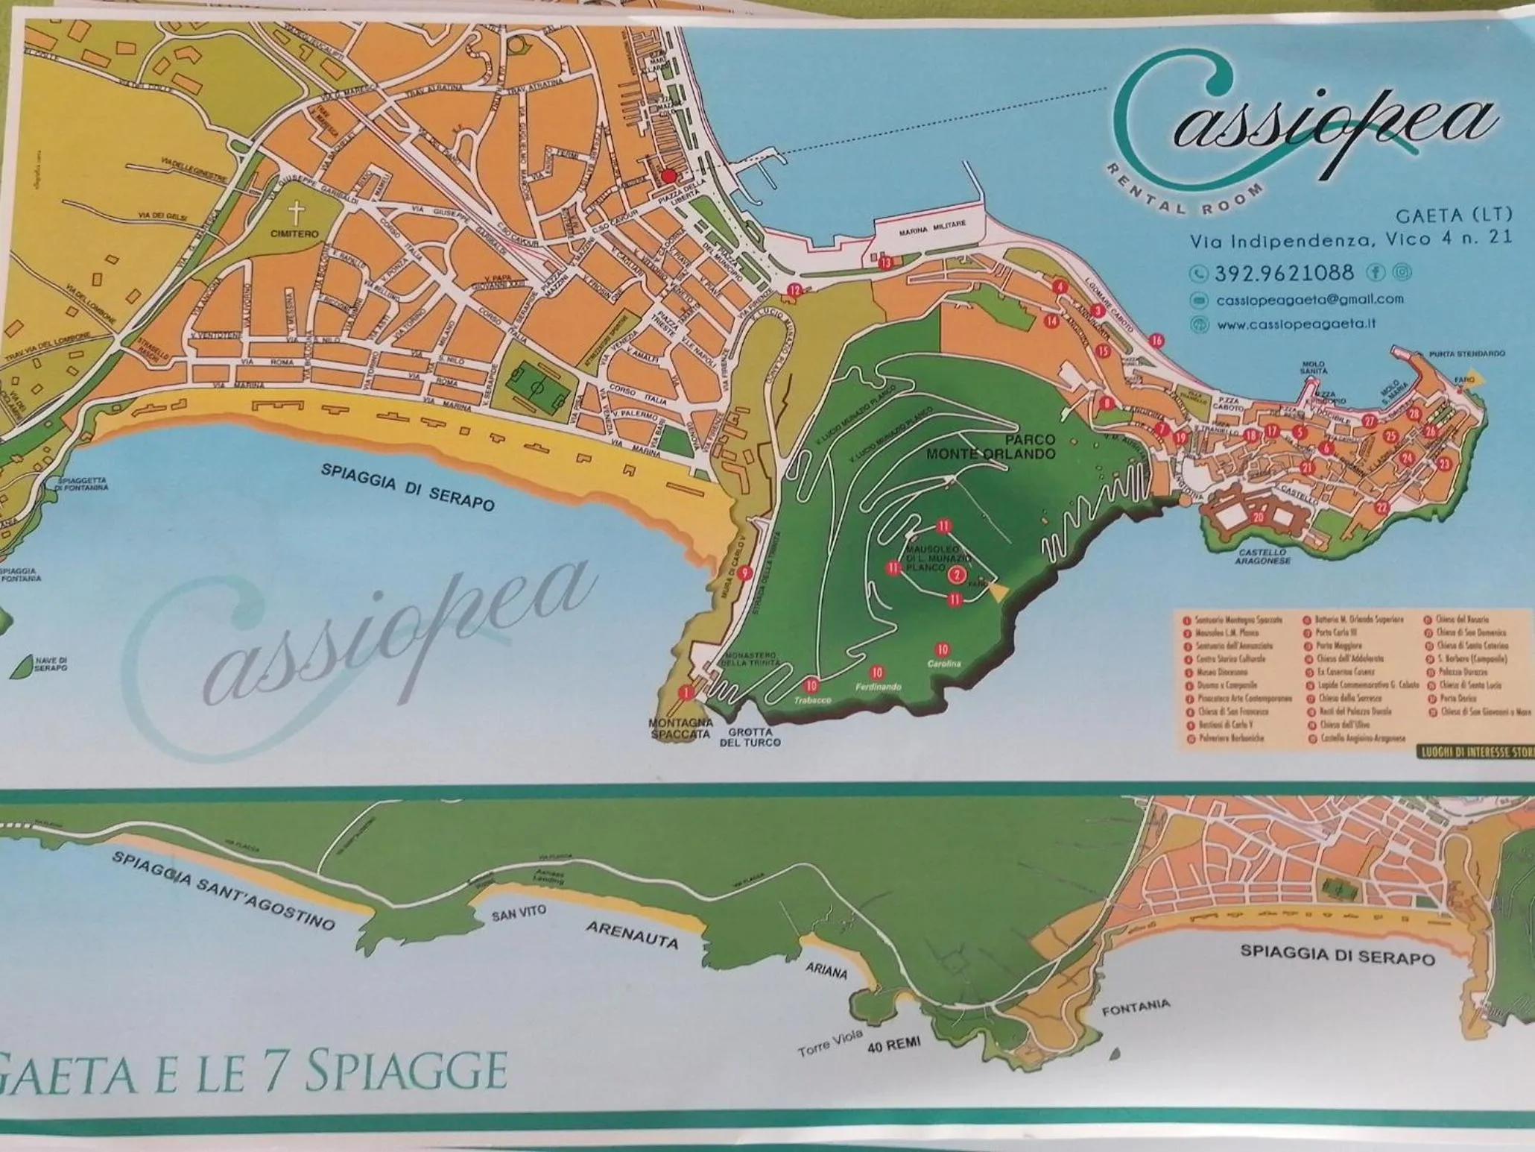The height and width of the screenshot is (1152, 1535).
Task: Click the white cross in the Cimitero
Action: [x=297, y=214]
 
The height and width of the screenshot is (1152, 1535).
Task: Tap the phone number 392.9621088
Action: [x=1284, y=273]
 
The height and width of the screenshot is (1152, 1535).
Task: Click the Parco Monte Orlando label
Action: [x=991, y=447]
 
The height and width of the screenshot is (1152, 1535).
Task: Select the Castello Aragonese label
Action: [x=1262, y=556]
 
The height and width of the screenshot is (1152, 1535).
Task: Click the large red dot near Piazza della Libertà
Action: [x=668, y=176]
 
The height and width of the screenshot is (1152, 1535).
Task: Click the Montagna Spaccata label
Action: [x=680, y=728]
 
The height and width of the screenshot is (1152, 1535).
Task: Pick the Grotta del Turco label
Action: [x=749, y=737]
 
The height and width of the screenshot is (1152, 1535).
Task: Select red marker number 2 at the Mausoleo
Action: [x=957, y=574]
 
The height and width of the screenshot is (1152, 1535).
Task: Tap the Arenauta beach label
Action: [x=633, y=934]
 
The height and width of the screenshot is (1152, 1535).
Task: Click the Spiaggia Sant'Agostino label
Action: [x=224, y=890]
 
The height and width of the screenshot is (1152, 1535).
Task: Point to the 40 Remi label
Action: [x=893, y=1045]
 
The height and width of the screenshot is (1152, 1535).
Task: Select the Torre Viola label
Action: [x=829, y=1043]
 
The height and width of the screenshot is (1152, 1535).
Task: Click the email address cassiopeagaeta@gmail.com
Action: [x=1309, y=300]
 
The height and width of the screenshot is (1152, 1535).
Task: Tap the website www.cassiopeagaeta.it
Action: [x=1296, y=324]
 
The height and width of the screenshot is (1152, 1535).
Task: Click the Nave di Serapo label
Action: [x=51, y=664]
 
